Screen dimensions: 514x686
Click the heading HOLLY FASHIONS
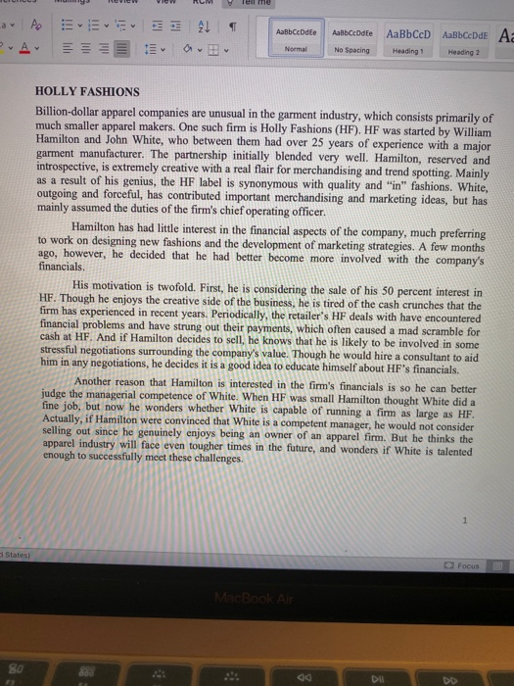[86, 91]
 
